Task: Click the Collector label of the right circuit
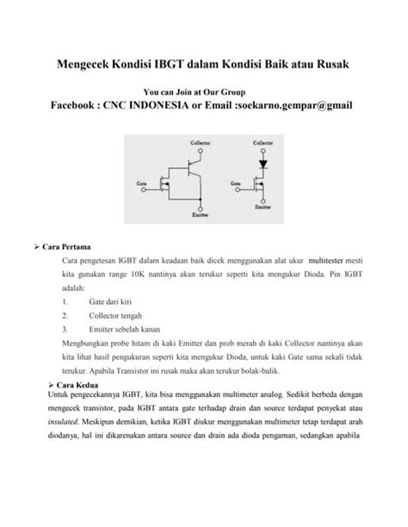(263, 140)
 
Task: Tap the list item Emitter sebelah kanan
(125, 328)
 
